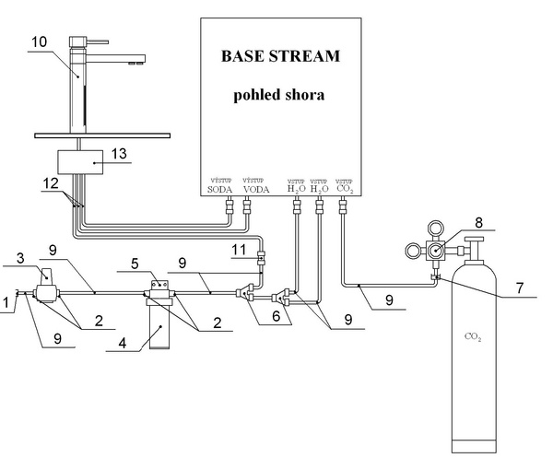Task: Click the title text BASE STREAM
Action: click(280, 55)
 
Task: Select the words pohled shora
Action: click(280, 95)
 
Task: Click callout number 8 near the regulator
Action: click(477, 221)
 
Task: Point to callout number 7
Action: click(522, 289)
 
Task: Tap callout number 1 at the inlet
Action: click(6, 300)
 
